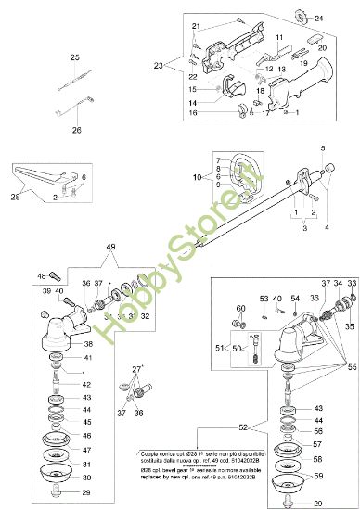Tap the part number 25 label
(x=76, y=57)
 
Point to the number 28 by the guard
(x=14, y=197)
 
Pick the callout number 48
(x=41, y=275)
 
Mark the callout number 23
(x=158, y=66)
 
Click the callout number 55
(x=352, y=368)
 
